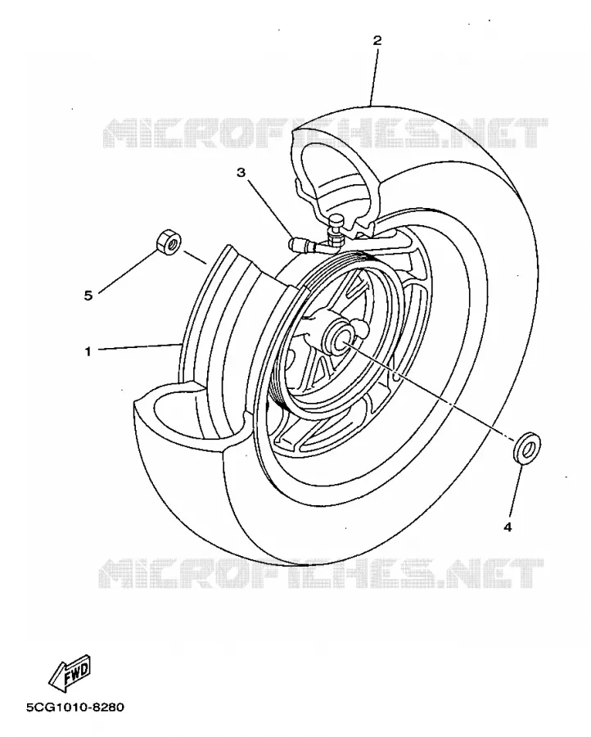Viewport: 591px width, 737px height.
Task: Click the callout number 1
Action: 88,351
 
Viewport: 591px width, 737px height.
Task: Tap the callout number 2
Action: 377,40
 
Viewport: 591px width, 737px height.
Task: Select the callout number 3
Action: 241,173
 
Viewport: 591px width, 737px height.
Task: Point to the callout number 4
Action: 508,527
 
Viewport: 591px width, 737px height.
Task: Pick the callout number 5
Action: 88,296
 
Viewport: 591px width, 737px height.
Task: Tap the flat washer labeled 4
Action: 526,447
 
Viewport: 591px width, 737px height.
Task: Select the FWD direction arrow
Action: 70,671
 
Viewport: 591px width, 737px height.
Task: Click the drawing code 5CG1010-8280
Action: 75,707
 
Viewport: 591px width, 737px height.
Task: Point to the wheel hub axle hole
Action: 342,338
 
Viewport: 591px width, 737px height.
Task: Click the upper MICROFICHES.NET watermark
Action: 325,133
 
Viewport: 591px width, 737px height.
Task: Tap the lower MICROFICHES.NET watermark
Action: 321,573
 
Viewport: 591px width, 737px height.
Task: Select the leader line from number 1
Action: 139,346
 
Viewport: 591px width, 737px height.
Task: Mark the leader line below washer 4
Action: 514,490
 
